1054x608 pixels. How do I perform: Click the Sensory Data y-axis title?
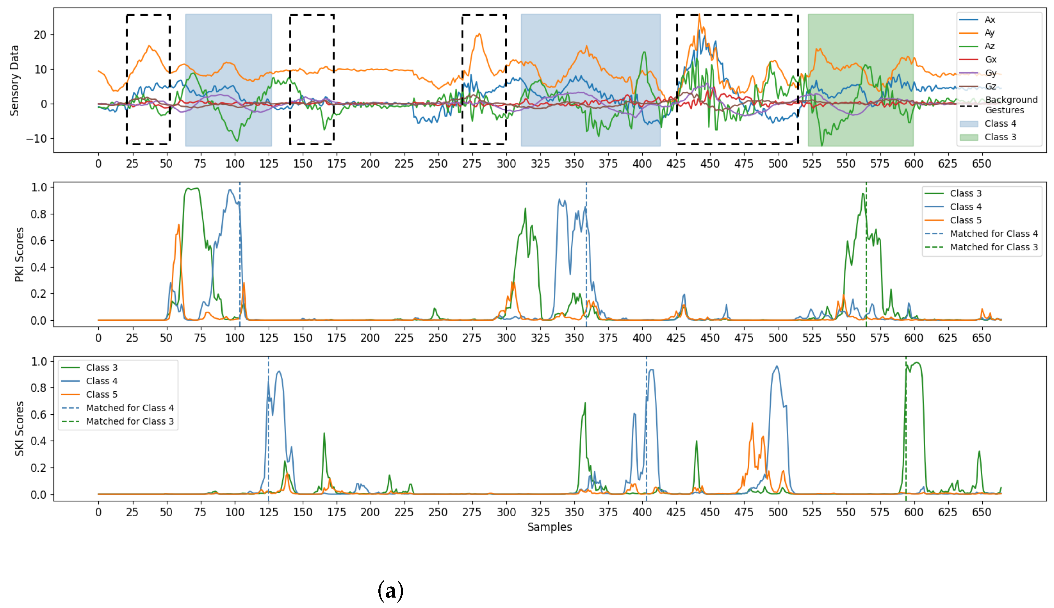tap(14, 80)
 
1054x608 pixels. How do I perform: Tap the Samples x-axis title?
tap(549, 527)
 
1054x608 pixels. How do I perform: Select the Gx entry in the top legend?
tap(990, 60)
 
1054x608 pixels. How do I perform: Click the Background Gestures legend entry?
tap(1011, 105)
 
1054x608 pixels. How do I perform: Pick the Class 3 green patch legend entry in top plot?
tap(1000, 137)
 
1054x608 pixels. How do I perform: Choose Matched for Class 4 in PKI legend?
tap(993, 234)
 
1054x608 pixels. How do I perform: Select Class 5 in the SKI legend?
tap(101, 395)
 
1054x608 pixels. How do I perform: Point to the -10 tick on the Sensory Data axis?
tap(36, 138)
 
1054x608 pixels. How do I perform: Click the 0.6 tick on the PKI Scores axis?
tap(39, 241)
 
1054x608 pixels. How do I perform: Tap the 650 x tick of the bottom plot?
tap(981, 512)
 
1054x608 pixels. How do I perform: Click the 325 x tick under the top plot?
tap(540, 164)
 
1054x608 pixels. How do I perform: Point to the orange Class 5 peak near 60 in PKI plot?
tap(179, 226)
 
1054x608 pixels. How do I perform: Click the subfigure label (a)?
tap(390, 590)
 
